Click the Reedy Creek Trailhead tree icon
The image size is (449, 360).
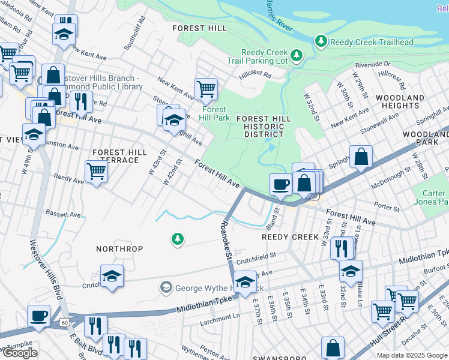tap(321, 41)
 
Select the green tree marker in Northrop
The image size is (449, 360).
tap(177, 239)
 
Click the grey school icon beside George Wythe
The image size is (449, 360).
tap(166, 288)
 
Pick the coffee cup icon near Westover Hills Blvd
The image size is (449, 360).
tap(39, 315)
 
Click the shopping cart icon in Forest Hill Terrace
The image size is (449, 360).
tap(96, 171)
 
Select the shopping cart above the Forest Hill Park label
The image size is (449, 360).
tap(206, 89)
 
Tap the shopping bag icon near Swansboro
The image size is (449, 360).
tap(333, 347)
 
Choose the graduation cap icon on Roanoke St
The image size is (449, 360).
tap(244, 282)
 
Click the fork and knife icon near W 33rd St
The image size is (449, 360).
tap(342, 247)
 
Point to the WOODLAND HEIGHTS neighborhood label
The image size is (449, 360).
tap(400, 101)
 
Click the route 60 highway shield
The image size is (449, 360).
tap(64, 323)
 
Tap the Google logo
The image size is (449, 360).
tap(20, 353)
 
